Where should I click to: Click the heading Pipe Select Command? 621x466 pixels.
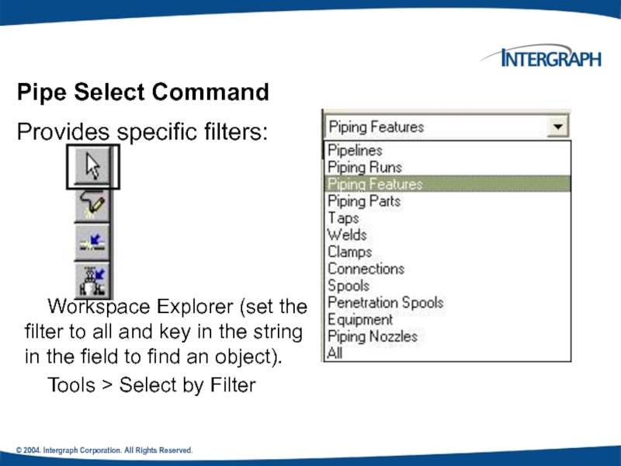click(144, 92)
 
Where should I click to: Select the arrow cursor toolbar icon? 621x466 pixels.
click(92, 166)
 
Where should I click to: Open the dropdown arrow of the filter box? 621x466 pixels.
click(557, 127)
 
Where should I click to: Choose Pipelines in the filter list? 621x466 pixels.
click(355, 151)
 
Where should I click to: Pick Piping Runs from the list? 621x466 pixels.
click(365, 167)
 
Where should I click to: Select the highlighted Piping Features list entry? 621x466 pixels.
click(375, 184)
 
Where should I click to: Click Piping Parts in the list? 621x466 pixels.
click(364, 201)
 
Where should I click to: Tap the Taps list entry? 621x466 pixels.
click(343, 218)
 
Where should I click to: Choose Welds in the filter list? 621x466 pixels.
click(347, 235)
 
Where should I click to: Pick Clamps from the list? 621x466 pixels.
click(349, 252)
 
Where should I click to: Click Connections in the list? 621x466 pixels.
click(366, 269)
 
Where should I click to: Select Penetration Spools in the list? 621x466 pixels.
click(385, 302)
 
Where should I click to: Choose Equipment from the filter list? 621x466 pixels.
click(360, 319)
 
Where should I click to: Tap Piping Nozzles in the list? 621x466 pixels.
click(372, 336)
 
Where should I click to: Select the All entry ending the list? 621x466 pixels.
click(335, 353)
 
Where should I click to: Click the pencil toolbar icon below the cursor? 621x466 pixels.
click(92, 204)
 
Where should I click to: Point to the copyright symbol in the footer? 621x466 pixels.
click(19, 451)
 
